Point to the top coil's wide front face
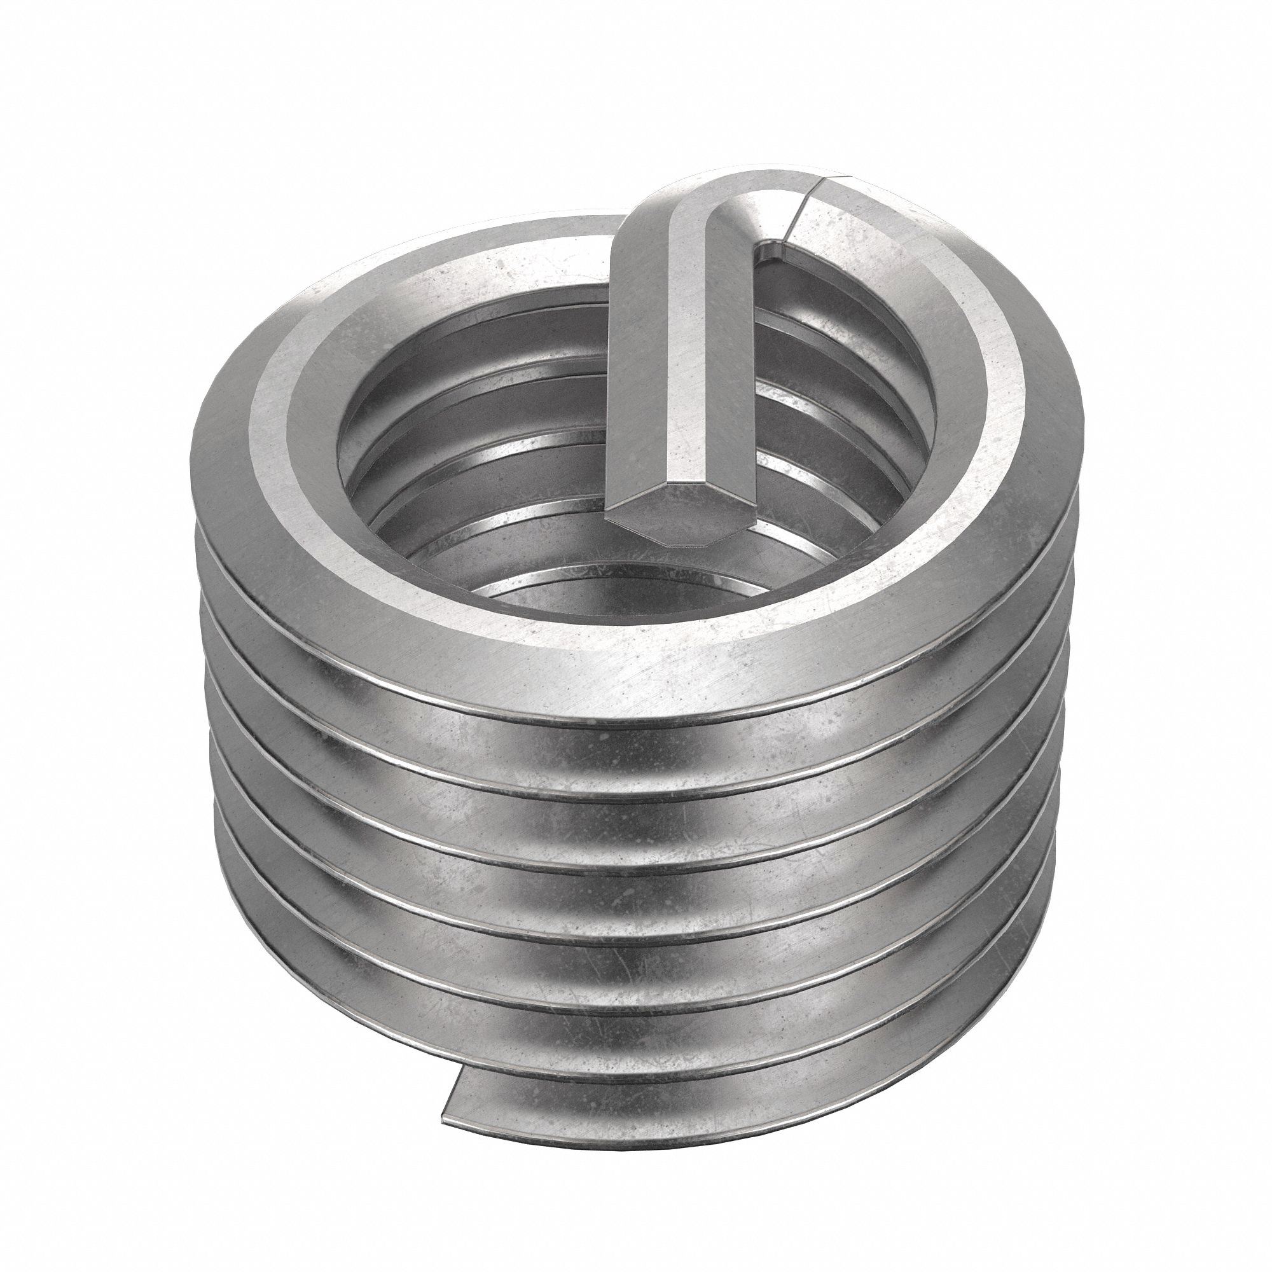pyautogui.click(x=658, y=658)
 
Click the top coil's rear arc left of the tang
pyautogui.click(x=461, y=263)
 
